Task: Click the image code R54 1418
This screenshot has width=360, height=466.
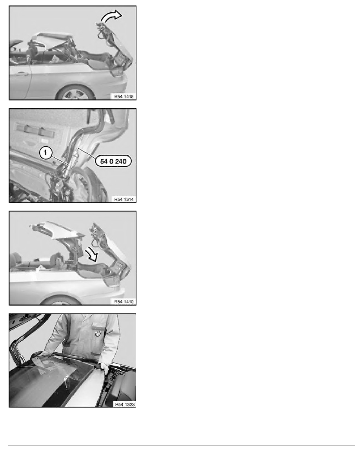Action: pyautogui.click(x=124, y=96)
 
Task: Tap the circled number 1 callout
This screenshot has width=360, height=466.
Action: pyautogui.click(x=45, y=153)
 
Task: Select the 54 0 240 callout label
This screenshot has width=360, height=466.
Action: pyautogui.click(x=113, y=161)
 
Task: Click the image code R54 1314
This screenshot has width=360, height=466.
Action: pyautogui.click(x=124, y=199)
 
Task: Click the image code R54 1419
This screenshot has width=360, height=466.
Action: pyautogui.click(x=124, y=302)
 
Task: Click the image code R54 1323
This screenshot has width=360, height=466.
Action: pyautogui.click(x=125, y=404)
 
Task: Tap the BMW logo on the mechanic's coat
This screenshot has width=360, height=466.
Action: pyautogui.click(x=98, y=334)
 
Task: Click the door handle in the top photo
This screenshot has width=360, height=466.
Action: pyautogui.click(x=22, y=73)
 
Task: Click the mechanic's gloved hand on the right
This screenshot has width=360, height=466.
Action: pyautogui.click(x=105, y=368)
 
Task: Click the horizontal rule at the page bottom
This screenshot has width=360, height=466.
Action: pyautogui.click(x=182, y=446)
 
